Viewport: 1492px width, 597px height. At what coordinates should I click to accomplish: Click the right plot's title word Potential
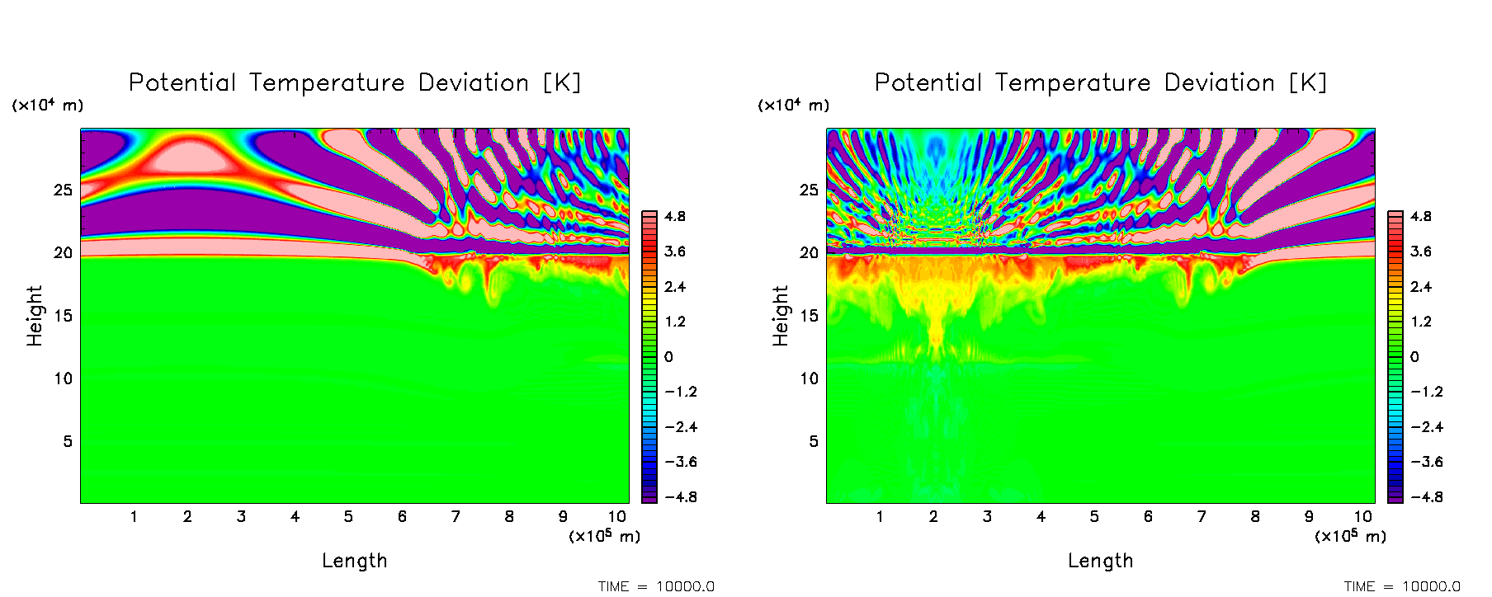pos(928,82)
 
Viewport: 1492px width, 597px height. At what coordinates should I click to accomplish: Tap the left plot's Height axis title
pos(35,316)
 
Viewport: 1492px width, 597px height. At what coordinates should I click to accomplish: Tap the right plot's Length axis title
pos(1100,561)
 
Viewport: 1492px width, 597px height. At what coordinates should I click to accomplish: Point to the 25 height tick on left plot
pos(64,190)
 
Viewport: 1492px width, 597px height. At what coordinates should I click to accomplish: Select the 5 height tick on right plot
pos(814,442)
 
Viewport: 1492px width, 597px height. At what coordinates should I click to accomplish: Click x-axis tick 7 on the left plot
pos(456,517)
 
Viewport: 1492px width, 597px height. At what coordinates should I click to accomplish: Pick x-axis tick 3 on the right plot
pos(987,517)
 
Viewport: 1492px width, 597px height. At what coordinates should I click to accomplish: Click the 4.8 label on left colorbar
pos(675,217)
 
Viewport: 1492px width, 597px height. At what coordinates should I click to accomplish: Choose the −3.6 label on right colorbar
pos(1425,462)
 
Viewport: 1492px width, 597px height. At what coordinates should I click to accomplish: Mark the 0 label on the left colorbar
pos(668,357)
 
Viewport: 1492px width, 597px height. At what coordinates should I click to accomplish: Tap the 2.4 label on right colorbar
pos(1421,287)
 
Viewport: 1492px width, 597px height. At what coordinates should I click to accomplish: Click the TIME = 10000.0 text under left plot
pos(656,586)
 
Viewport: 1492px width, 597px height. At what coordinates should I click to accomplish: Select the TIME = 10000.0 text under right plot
pos(1402,586)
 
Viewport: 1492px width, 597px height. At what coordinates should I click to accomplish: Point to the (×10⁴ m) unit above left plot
pos(47,106)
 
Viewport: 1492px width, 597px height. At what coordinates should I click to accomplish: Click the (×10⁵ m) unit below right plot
pos(1350,537)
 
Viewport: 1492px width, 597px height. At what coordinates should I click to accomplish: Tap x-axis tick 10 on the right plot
pos(1362,517)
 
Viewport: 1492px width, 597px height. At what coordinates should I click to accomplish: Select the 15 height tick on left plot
pos(64,316)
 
